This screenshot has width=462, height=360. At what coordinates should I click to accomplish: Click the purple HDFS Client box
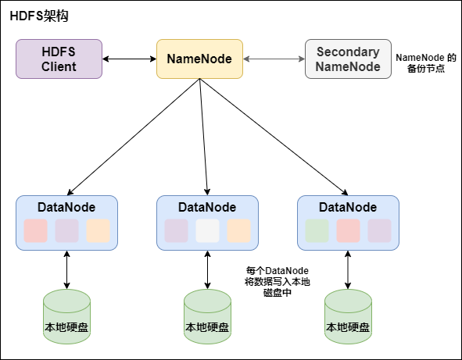click(59, 59)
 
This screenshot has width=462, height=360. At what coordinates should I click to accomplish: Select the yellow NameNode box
click(199, 59)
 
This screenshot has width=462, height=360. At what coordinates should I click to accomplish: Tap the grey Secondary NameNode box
click(348, 59)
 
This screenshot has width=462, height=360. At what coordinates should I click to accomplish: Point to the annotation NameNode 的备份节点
click(426, 64)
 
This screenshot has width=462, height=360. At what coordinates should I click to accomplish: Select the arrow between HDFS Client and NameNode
click(129, 59)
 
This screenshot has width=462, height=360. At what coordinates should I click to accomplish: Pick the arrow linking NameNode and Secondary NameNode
click(274, 59)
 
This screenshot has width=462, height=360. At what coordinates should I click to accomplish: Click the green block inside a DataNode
click(317, 230)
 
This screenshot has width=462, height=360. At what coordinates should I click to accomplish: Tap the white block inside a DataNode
click(207, 230)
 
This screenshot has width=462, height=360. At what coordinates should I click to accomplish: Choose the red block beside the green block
click(348, 230)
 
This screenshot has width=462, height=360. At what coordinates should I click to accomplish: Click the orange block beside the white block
click(238, 230)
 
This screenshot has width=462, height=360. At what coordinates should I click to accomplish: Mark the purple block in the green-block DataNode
click(379, 230)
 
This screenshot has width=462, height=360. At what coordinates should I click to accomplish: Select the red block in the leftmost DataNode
click(35, 230)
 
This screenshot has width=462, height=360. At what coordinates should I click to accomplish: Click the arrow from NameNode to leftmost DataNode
click(133, 137)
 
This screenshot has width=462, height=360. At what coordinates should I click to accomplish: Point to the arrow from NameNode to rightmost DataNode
click(274, 137)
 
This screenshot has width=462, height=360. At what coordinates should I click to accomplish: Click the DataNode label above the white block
click(207, 207)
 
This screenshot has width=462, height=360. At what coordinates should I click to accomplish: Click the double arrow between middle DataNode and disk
click(207, 269)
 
